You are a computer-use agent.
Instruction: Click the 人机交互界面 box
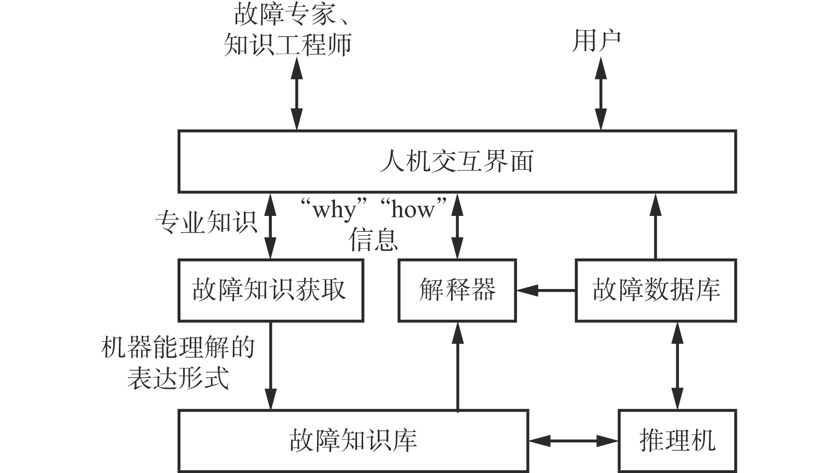click(x=457, y=162)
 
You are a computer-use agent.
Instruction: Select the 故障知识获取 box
click(x=270, y=290)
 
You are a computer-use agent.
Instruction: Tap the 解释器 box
click(x=457, y=290)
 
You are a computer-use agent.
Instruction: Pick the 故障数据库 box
click(x=656, y=290)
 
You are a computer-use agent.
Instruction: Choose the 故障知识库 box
click(x=353, y=441)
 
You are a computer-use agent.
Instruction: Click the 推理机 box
click(x=677, y=441)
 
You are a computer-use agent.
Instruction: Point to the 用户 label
click(x=596, y=41)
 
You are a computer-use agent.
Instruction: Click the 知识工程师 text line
click(x=287, y=44)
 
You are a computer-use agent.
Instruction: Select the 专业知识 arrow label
click(x=207, y=222)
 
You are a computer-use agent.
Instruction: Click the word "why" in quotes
click(x=334, y=210)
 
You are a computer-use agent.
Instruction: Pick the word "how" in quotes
click(x=413, y=210)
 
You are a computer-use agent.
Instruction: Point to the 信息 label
click(x=373, y=240)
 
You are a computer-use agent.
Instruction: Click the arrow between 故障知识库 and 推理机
click(x=573, y=441)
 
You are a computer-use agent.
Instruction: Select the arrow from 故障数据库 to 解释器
click(x=546, y=291)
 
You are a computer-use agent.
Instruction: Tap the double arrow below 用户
click(x=601, y=94)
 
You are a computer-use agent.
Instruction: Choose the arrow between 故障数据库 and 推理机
click(x=677, y=366)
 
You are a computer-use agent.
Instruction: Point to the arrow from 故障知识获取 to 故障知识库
click(x=270, y=366)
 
